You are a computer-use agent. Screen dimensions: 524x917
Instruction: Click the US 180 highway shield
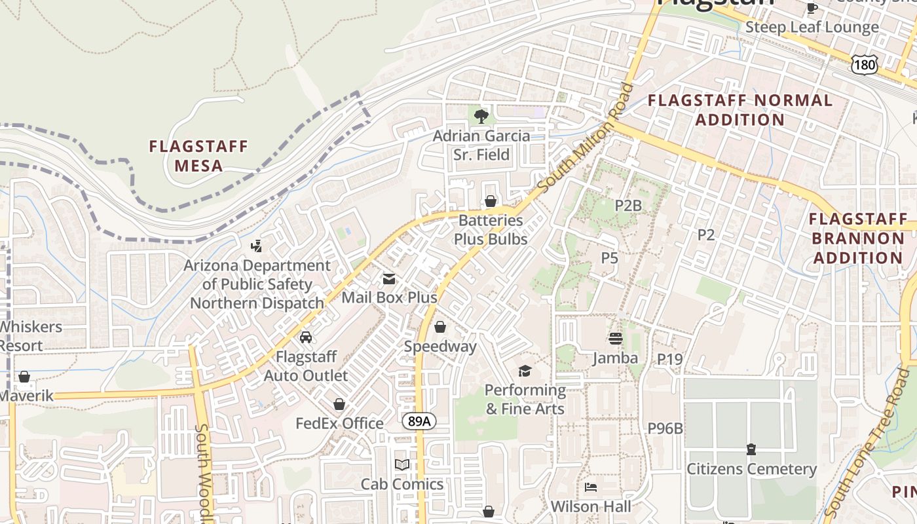(x=864, y=64)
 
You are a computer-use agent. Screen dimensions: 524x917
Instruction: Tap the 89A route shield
(x=419, y=421)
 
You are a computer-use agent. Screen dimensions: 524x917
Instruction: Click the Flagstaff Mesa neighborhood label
(x=198, y=155)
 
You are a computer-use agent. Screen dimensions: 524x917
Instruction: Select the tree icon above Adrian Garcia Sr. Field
(x=481, y=117)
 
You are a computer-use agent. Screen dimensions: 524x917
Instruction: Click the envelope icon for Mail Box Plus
(x=389, y=279)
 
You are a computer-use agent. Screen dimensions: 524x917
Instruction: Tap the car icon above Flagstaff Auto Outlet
(x=305, y=337)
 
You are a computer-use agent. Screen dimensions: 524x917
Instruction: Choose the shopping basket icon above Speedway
(x=440, y=326)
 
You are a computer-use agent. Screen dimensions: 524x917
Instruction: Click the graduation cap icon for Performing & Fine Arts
(x=525, y=371)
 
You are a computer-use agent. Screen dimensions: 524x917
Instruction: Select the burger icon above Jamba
(x=615, y=338)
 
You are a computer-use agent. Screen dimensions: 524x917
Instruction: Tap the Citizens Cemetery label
(x=751, y=469)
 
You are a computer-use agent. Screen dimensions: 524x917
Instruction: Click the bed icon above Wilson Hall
(x=590, y=487)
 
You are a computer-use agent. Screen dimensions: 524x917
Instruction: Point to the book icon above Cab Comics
(x=402, y=464)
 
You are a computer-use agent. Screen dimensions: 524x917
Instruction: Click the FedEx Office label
(x=339, y=423)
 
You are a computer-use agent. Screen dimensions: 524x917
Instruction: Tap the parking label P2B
(x=627, y=205)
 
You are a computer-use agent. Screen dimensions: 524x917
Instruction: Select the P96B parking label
(x=665, y=428)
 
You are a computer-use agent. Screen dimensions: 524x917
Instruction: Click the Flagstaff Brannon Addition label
(x=858, y=238)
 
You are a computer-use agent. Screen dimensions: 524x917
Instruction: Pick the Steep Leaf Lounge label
(x=812, y=27)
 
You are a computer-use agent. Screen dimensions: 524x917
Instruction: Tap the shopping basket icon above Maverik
(x=24, y=377)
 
